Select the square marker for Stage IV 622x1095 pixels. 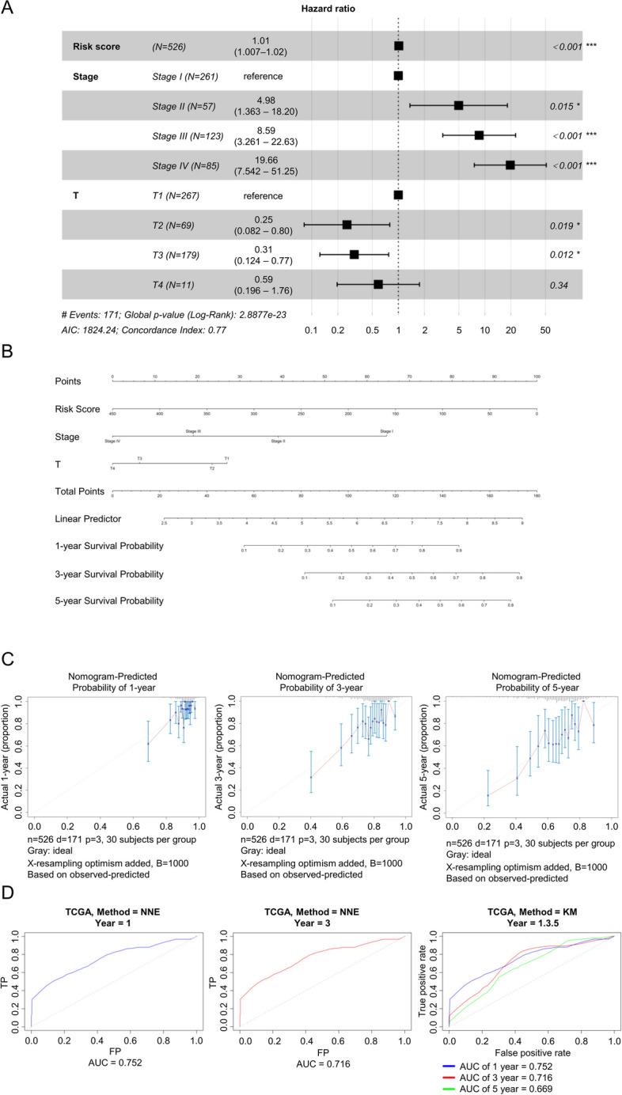tap(510, 165)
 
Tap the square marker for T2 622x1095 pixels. tap(347, 225)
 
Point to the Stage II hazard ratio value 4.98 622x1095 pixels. tap(264, 100)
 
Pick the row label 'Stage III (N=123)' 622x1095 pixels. tap(186, 135)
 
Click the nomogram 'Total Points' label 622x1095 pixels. tap(79, 491)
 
